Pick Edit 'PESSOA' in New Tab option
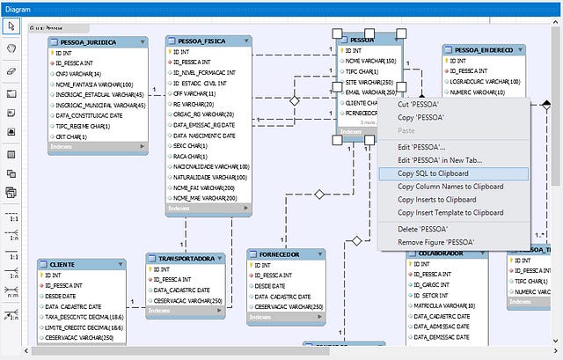tap(439, 160)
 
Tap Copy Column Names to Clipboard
tap(450, 187)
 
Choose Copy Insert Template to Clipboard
tap(450, 212)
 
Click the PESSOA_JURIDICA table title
tap(89, 41)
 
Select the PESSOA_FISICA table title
tap(203, 40)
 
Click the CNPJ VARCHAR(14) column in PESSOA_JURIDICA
tap(80, 74)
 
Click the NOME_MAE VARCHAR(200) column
tap(205, 198)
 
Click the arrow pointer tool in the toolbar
tap(11, 27)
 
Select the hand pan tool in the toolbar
tap(11, 48)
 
